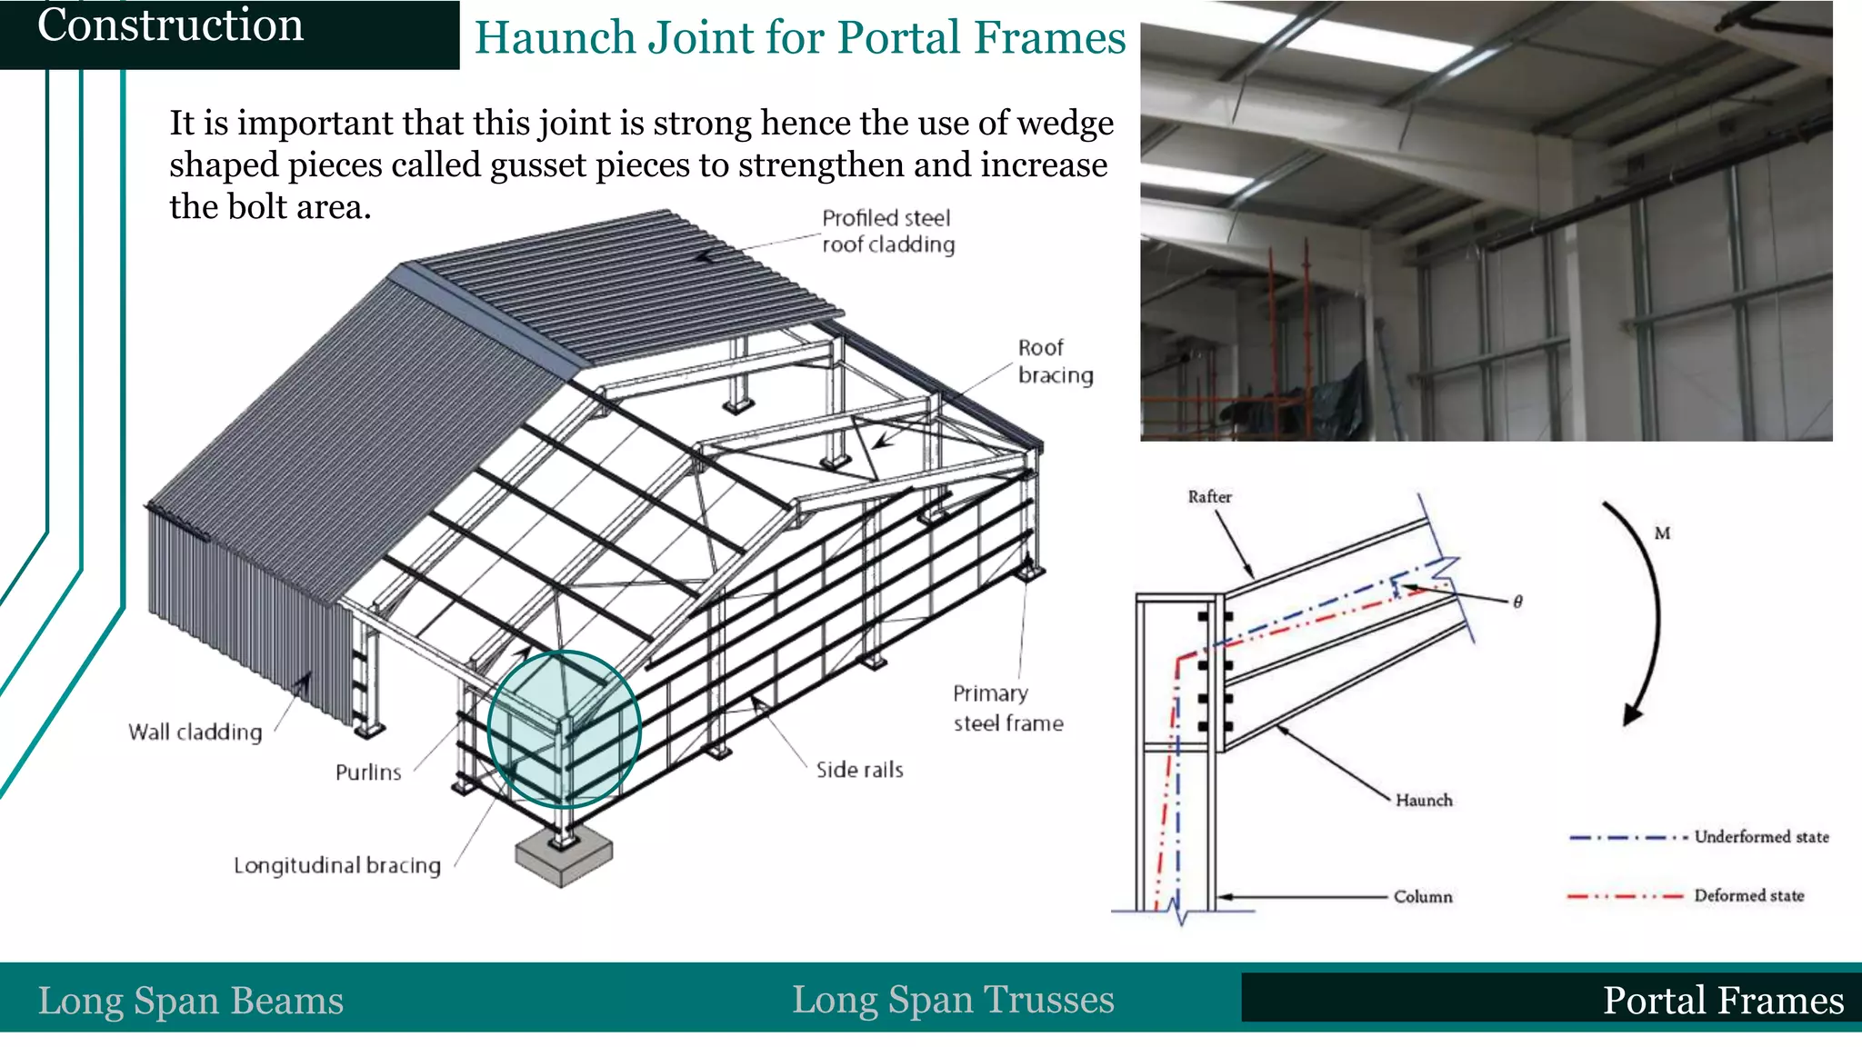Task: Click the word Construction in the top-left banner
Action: [170, 25]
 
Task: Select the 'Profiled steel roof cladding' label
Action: [887, 232]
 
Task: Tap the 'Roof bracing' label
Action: [1055, 362]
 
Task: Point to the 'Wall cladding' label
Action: [195, 733]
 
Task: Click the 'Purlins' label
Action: [368, 773]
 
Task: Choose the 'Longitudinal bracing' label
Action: [336, 865]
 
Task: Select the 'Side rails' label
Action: [859, 770]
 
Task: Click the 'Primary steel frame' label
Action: [1007, 708]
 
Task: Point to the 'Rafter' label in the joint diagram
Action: [1209, 497]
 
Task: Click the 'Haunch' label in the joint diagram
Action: [1424, 801]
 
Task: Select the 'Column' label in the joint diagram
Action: [1423, 897]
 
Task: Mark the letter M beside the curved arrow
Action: [1662, 533]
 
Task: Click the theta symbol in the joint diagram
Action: [1517, 602]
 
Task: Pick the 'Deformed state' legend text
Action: [1748, 896]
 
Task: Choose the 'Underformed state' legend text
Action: [1761, 837]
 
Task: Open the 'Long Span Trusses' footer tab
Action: [953, 1000]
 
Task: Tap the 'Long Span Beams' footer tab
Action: [191, 1001]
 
